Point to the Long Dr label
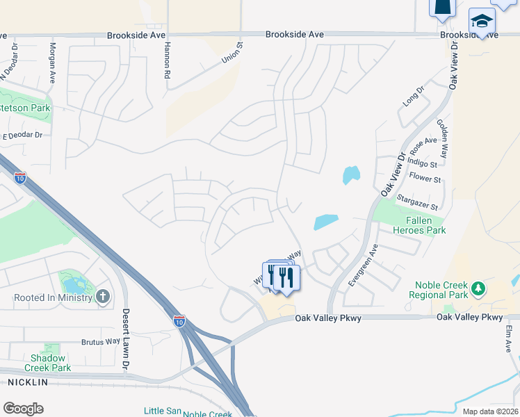click(413, 97)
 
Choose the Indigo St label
click(423, 165)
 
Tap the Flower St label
click(425, 179)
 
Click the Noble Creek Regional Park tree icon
click(478, 288)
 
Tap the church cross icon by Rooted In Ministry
click(102, 297)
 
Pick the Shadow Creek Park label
click(47, 363)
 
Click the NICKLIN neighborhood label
click(28, 382)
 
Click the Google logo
click(24, 408)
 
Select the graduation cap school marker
click(481, 21)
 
